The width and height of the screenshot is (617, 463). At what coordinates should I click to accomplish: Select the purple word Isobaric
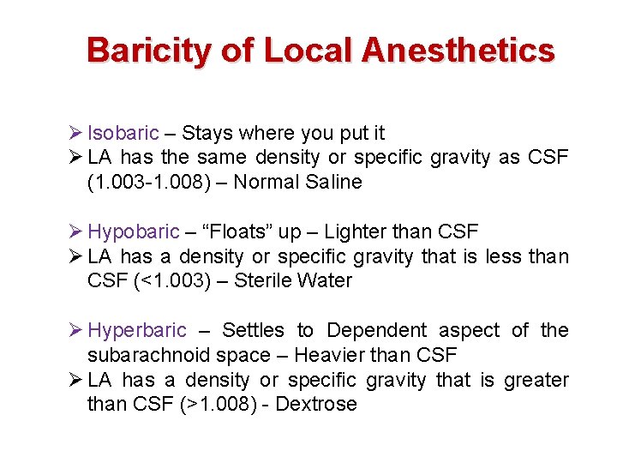pos(123,134)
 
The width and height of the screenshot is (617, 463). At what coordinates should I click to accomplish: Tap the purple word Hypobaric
pos(134,232)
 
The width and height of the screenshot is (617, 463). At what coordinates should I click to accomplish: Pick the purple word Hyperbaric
pos(137,331)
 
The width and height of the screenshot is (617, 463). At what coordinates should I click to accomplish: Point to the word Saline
pos(332,183)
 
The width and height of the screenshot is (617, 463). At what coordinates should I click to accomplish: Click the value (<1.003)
pos(165,281)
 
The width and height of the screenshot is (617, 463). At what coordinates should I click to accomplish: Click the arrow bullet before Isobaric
pos(75,134)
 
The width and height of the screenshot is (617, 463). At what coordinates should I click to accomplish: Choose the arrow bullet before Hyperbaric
pos(75,331)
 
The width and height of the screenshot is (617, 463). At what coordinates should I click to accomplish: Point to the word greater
pos(536,380)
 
